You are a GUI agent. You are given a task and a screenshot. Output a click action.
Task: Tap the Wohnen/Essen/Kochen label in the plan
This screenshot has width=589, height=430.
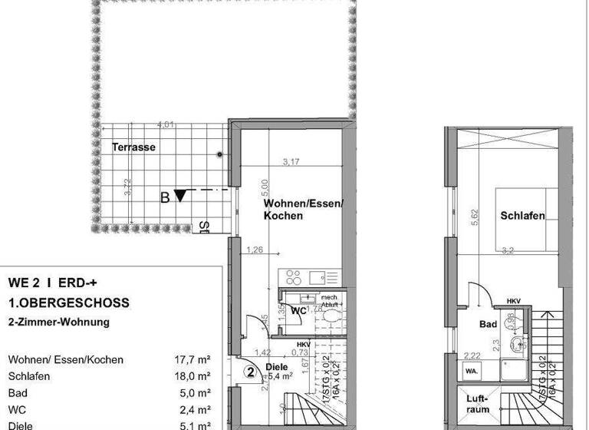(x=304, y=210)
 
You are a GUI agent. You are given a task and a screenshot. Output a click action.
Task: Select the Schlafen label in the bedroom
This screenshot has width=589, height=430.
(x=522, y=216)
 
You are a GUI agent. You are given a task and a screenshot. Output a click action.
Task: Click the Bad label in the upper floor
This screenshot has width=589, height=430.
(x=489, y=325)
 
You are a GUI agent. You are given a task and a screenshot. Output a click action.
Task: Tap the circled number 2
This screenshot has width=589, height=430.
(x=250, y=372)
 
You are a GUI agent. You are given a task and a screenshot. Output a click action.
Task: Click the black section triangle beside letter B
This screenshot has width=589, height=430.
(x=180, y=196)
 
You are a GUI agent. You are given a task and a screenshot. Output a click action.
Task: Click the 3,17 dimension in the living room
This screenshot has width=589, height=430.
(x=291, y=162)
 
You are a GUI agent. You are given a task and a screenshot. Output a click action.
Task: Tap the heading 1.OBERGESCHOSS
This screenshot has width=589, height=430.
(x=68, y=303)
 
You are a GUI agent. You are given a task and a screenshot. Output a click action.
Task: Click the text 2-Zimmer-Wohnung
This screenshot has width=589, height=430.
(x=58, y=322)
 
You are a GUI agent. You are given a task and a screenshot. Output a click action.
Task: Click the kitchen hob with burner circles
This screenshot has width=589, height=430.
(x=292, y=274)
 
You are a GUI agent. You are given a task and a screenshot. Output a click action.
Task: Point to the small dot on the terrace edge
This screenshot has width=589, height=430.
(x=220, y=155)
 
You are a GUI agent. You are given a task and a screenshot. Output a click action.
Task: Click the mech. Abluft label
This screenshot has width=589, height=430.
(x=329, y=300)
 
